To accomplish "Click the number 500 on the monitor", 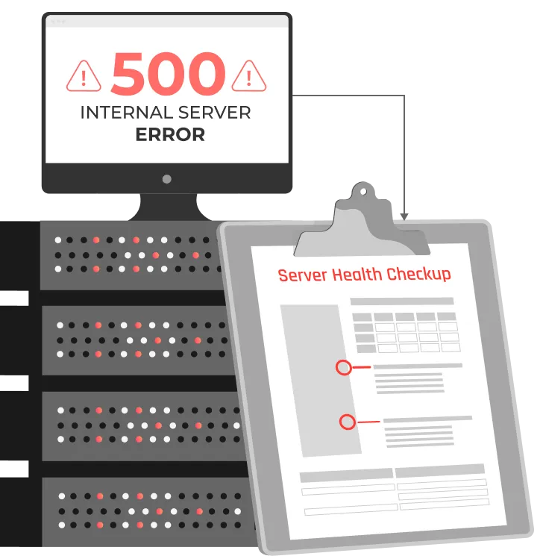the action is [x=168, y=75].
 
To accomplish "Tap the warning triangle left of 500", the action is [x=84, y=75].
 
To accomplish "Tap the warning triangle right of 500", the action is [x=249, y=75].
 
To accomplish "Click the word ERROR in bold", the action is [x=169, y=135].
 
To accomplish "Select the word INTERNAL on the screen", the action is [x=122, y=113].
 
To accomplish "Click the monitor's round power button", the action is [x=166, y=179].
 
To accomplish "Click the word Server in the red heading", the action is [x=302, y=275].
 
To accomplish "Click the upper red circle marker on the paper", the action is [x=343, y=367].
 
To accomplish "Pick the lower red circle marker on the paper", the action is [x=347, y=422].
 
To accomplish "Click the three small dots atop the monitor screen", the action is [x=58, y=22].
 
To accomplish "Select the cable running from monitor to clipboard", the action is [x=403, y=149].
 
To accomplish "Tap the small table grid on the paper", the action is [x=406, y=332].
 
